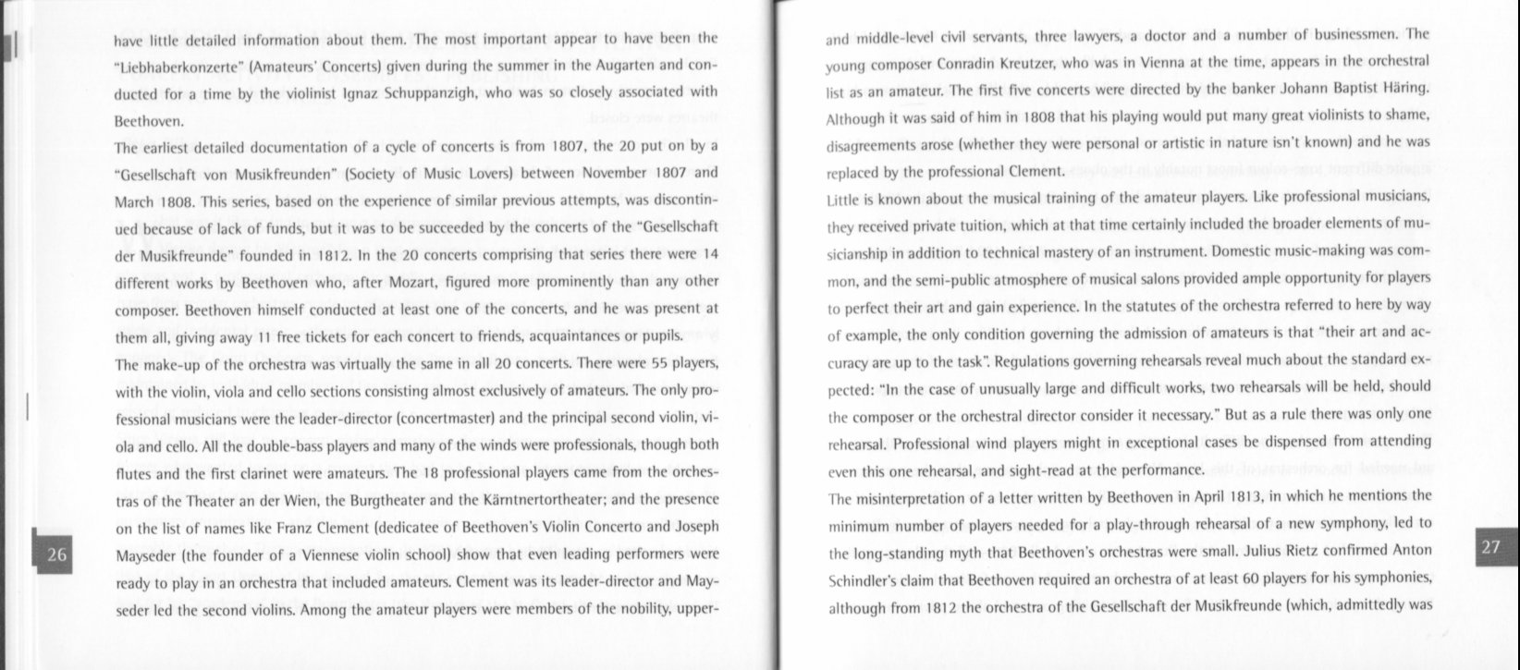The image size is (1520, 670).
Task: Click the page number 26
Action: [x=56, y=555]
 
